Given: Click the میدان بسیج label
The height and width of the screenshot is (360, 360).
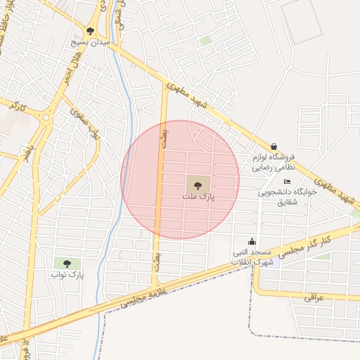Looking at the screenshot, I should click(x=90, y=42).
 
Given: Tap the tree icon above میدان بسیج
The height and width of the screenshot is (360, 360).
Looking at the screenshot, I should click(x=90, y=31).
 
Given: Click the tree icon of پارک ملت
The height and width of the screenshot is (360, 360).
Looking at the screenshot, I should click(x=198, y=186).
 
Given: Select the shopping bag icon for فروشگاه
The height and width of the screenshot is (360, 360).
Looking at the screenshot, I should click(x=274, y=146).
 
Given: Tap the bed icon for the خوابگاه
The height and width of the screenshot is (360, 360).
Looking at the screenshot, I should click(x=287, y=182).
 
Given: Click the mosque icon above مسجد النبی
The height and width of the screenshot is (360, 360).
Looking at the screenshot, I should click(x=252, y=241).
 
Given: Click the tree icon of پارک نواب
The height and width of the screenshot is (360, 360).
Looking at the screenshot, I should click(x=67, y=264).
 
